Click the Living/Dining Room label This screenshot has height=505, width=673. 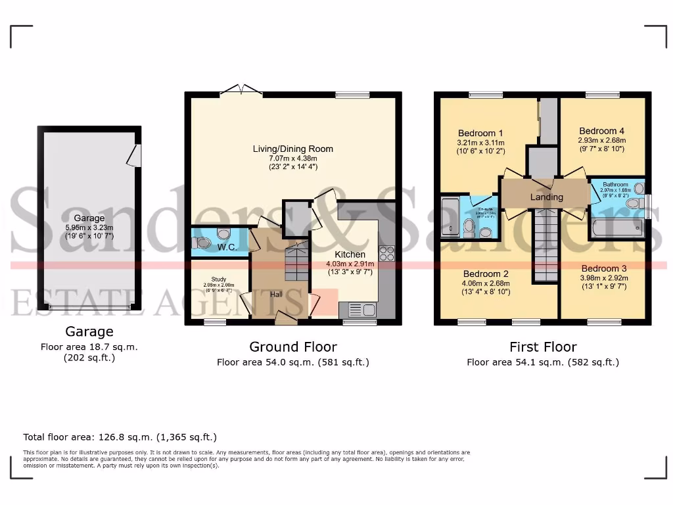tap(293, 149)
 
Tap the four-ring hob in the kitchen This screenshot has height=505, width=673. tap(387, 253)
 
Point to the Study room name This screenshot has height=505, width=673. tap(218, 279)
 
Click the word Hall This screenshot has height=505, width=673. tap(277, 294)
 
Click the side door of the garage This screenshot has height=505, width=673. tap(135, 155)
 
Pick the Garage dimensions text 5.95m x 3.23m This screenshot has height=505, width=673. tap(89, 228)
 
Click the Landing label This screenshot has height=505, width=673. tap(546, 197)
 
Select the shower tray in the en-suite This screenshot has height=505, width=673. tap(450, 216)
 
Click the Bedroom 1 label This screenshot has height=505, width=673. tap(480, 133)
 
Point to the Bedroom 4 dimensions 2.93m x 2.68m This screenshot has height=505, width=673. tap(601, 140)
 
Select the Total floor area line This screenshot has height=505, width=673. tap(120, 437)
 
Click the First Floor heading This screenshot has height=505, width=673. tap(543, 347)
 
